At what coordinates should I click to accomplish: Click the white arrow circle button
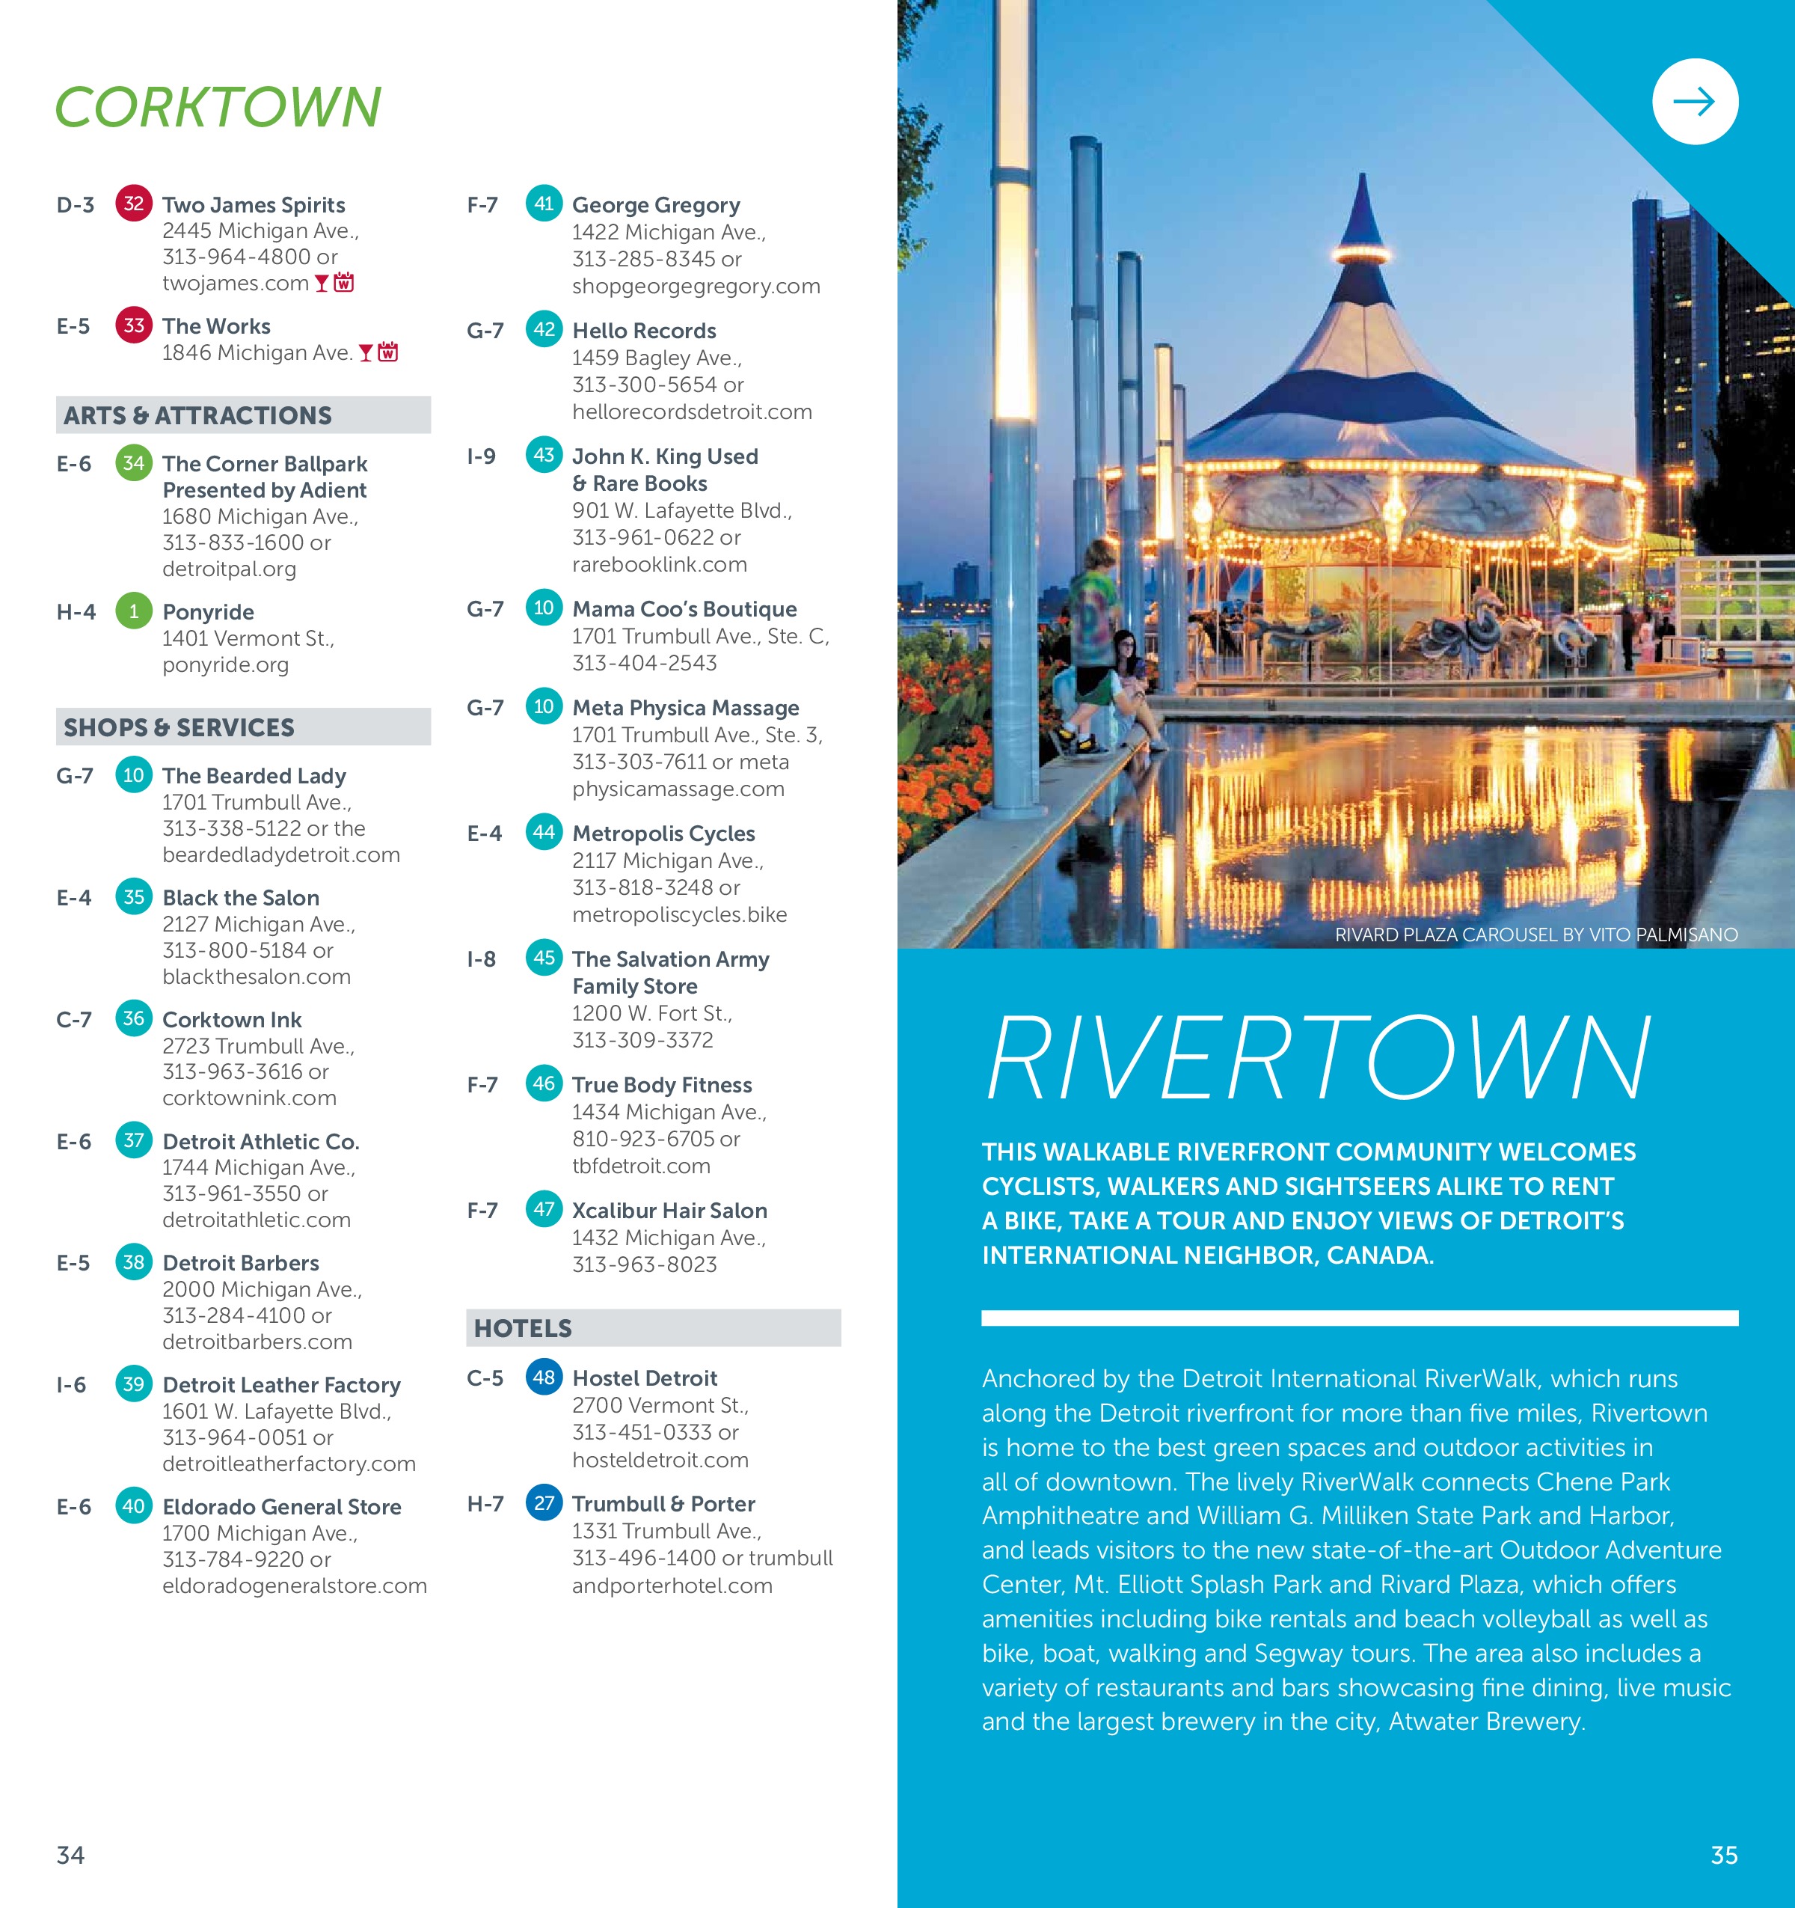pyautogui.click(x=1694, y=102)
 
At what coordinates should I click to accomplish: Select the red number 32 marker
pyautogui.click(x=133, y=204)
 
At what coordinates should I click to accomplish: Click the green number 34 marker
pyautogui.click(x=133, y=462)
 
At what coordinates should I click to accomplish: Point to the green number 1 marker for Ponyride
pyautogui.click(x=133, y=611)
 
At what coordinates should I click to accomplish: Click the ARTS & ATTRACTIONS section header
pyautogui.click(x=197, y=415)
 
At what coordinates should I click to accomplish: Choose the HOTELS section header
pyautogui.click(x=523, y=1328)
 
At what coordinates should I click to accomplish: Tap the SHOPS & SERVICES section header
pyautogui.click(x=179, y=727)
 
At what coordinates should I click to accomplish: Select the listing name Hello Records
pyautogui.click(x=644, y=331)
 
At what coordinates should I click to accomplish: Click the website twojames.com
pyautogui.click(x=235, y=283)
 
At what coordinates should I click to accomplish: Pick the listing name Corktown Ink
pyautogui.click(x=232, y=1019)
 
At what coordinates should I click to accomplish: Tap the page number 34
pyautogui.click(x=71, y=1855)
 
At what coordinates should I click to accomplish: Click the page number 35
pyautogui.click(x=1723, y=1855)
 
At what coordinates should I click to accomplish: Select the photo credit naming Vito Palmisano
pyautogui.click(x=1535, y=935)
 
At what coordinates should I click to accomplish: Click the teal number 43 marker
pyautogui.click(x=544, y=455)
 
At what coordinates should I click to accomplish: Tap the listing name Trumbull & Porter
pyautogui.click(x=663, y=1504)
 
